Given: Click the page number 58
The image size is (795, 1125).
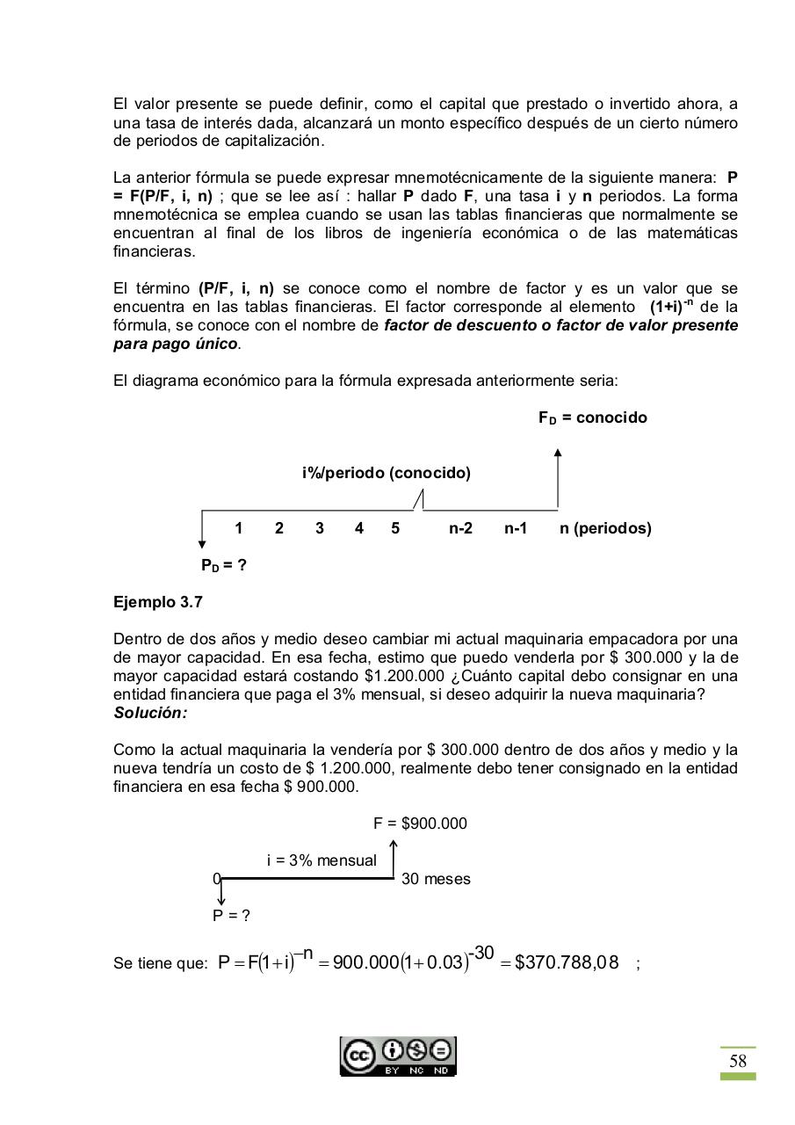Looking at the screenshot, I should (737, 1061).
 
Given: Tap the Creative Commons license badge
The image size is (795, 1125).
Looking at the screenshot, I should (398, 1056).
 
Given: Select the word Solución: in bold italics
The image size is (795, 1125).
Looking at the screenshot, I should (150, 713).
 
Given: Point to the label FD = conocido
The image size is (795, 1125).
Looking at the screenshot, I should (592, 417).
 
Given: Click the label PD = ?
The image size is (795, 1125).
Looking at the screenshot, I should (223, 566).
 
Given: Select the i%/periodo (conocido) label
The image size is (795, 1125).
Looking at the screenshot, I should (386, 473).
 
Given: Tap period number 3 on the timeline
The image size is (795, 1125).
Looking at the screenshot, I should (319, 528).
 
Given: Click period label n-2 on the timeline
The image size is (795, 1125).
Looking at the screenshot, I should (460, 528).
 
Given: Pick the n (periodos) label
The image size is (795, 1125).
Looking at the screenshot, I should (605, 528).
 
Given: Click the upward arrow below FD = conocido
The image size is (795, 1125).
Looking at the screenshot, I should (558, 478).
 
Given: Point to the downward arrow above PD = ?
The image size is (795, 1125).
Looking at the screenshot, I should (202, 531).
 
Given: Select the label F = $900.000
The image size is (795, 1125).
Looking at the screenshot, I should (420, 824).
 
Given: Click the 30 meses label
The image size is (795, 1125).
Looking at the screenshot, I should (436, 879).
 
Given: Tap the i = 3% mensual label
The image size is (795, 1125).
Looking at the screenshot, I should (322, 860).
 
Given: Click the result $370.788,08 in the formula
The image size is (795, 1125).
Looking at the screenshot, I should (567, 962).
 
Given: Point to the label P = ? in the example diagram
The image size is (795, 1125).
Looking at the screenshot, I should (231, 916).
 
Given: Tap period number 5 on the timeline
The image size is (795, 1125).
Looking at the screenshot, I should (395, 528).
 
